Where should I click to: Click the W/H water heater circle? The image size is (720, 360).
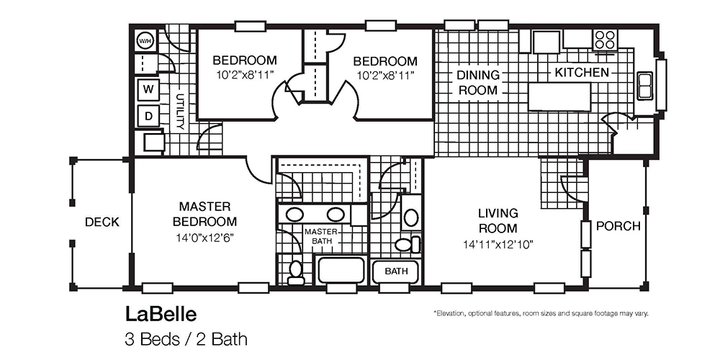pyautogui.click(x=146, y=40)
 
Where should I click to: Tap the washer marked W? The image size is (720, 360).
pyautogui.click(x=148, y=89)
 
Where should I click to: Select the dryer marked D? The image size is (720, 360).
pyautogui.click(x=148, y=115)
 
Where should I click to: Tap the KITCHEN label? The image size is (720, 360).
pyautogui.click(x=582, y=73)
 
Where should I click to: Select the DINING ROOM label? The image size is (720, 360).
pyautogui.click(x=477, y=83)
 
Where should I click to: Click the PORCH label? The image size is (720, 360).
pyautogui.click(x=618, y=226)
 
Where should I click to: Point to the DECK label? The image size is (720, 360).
pyautogui.click(x=102, y=222)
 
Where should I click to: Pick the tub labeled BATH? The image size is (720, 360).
pyautogui.click(x=396, y=271)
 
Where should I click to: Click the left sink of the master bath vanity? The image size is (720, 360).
pyautogui.click(x=294, y=214)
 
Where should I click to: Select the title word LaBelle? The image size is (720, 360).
pyautogui.click(x=161, y=315)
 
